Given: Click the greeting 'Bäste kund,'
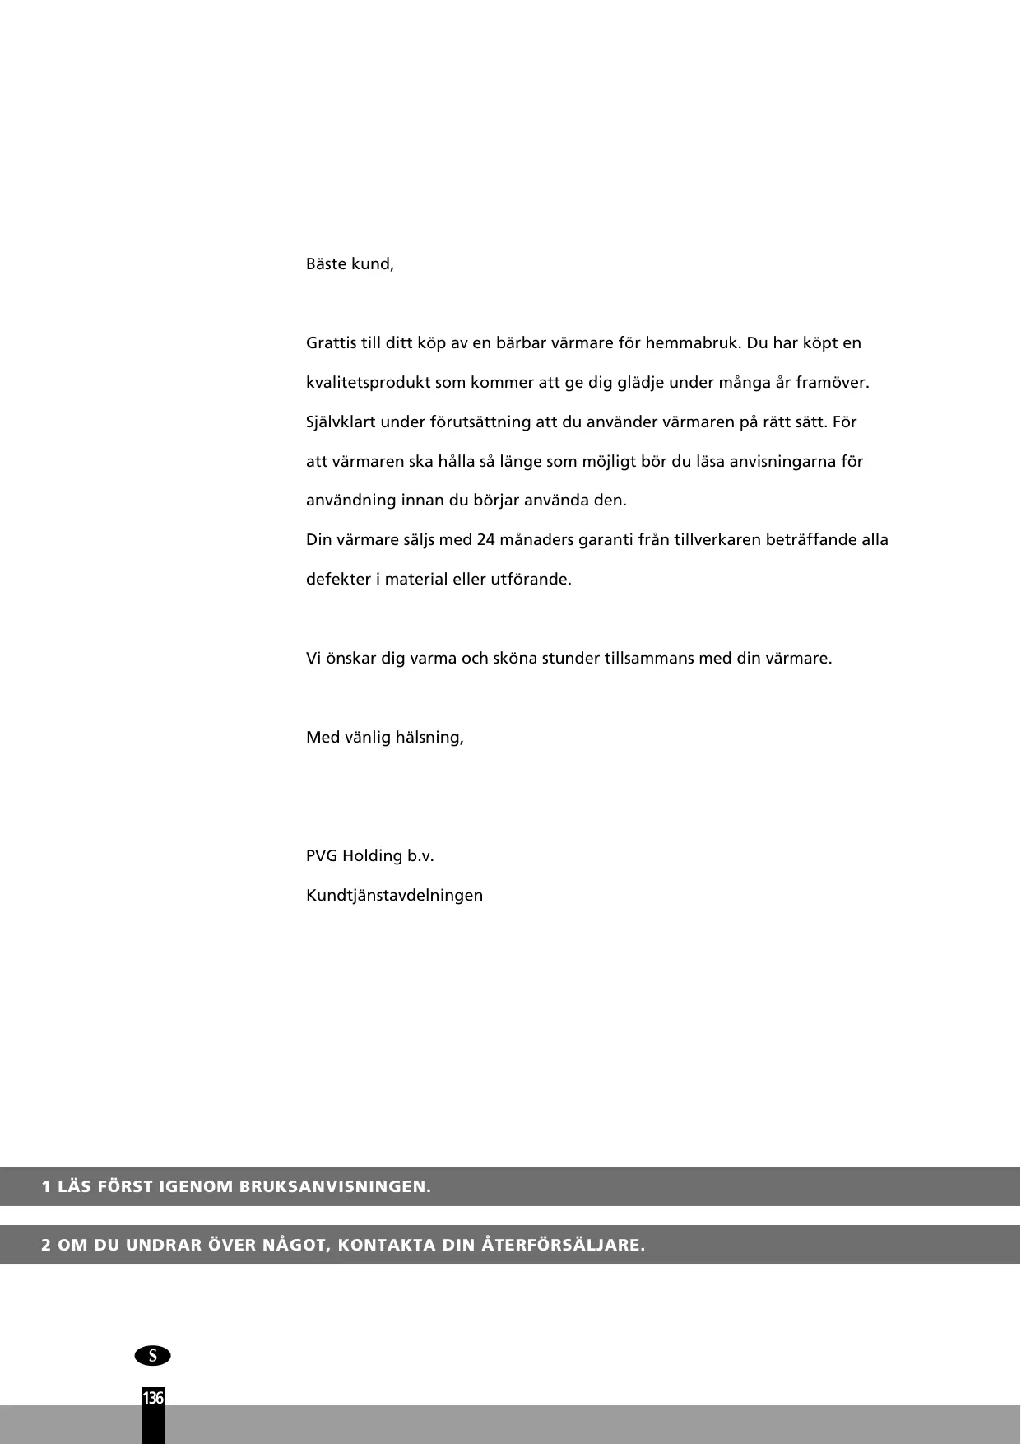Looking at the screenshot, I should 350,265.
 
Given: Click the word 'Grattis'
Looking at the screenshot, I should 331,343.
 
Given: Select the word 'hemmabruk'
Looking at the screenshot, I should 693,343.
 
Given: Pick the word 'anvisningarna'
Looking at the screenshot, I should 782,462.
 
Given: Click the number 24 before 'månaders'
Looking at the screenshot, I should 485,540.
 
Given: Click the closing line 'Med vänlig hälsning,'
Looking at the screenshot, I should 384,738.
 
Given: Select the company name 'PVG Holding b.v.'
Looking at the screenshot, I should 369,856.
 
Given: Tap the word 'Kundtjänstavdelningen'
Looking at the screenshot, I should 394,896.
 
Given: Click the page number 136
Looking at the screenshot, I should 153,1398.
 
